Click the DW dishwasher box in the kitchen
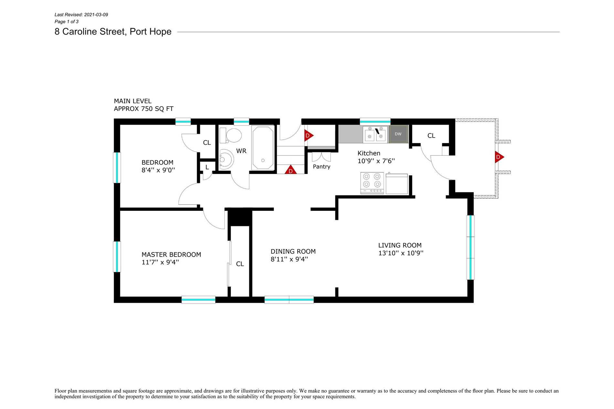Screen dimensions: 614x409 [x=398, y=134]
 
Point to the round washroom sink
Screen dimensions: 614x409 [x=225, y=159]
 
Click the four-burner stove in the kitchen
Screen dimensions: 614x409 [x=372, y=183]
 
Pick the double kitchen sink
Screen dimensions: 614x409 [x=375, y=134]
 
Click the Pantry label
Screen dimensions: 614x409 [x=322, y=167]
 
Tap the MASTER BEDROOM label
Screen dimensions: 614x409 [x=171, y=255]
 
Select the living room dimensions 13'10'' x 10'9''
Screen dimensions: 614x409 [x=401, y=253]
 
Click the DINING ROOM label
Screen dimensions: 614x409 [x=293, y=251]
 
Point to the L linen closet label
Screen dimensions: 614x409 [x=207, y=168]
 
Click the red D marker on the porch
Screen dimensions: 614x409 [x=499, y=157]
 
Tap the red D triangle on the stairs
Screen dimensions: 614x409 [x=291, y=170]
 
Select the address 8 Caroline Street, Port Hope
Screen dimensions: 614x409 [x=113, y=32]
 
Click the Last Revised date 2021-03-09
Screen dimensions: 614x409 [x=96, y=15]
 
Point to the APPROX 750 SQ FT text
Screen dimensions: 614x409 [x=143, y=109]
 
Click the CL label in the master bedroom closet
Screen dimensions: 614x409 [x=240, y=264]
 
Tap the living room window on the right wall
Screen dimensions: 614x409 [x=470, y=247]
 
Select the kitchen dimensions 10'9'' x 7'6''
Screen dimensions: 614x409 [x=376, y=161]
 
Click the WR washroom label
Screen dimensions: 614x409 [x=241, y=151]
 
